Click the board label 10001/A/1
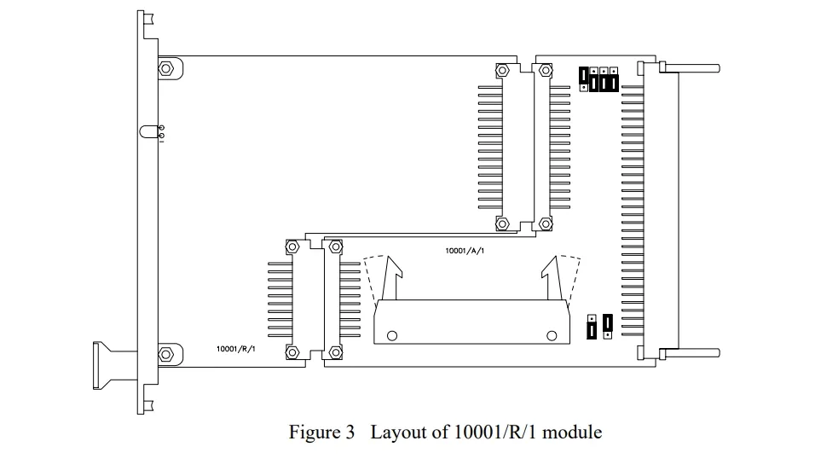(465, 250)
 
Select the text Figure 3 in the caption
(321, 432)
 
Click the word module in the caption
(572, 432)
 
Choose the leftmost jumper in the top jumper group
(584, 78)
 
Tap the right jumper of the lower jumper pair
(606, 324)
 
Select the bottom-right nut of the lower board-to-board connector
(335, 351)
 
